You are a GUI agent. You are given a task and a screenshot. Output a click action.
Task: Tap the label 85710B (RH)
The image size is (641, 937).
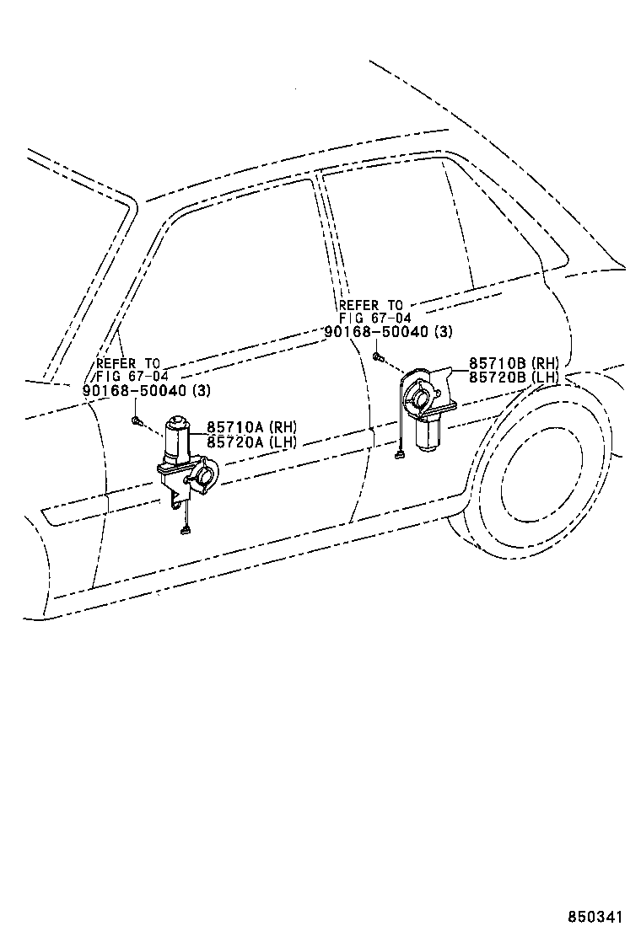[514, 363]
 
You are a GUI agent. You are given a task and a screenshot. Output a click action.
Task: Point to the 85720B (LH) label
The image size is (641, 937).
[514, 377]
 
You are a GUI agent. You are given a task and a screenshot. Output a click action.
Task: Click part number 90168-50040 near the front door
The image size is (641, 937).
[135, 390]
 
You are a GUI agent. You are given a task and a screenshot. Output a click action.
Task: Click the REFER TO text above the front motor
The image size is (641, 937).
[127, 363]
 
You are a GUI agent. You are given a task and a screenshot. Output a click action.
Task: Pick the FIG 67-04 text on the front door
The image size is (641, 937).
[132, 376]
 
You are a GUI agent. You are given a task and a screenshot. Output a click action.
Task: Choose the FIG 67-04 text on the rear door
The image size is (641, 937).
[374, 318]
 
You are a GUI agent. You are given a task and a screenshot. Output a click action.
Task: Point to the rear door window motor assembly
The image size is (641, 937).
[428, 404]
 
